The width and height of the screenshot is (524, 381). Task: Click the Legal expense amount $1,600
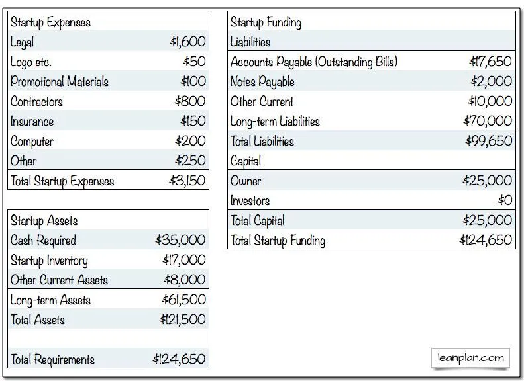[187, 42]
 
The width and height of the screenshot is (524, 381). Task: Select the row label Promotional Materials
[59, 82]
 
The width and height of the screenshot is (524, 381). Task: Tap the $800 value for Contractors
[190, 102]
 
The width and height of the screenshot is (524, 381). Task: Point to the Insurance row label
[32, 122]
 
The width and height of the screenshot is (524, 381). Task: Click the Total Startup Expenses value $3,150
[187, 181]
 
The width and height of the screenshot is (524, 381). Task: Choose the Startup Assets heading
[44, 221]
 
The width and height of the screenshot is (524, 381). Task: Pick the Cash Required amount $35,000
[180, 240]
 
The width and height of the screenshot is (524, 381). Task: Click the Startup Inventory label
[49, 261]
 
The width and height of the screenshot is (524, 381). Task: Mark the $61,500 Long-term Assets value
[183, 300]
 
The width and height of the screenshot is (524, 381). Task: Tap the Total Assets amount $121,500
[182, 319]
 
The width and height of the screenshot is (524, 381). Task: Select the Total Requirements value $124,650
[179, 359]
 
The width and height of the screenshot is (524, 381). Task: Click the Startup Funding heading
[266, 22]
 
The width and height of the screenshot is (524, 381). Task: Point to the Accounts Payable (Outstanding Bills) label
[313, 62]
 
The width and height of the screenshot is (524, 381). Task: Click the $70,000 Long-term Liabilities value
[488, 121]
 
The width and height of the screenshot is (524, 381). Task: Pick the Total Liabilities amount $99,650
[488, 141]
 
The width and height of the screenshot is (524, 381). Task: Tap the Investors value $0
[505, 200]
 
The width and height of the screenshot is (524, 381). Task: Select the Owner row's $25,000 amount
[488, 181]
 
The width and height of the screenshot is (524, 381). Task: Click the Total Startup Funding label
[278, 240]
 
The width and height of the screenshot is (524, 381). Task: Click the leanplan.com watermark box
[470, 359]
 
